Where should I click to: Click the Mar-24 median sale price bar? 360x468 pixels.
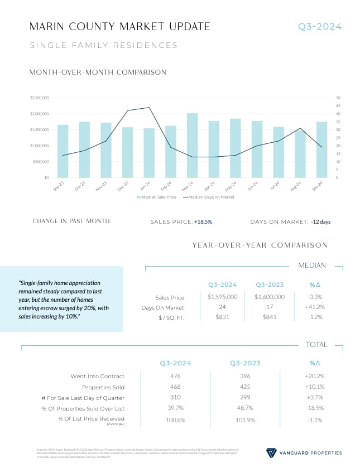point(192,146)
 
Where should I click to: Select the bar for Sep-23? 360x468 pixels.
point(63,151)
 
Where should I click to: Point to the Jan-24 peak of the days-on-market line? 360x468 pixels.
point(149,108)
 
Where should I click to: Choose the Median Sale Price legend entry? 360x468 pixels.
point(157,197)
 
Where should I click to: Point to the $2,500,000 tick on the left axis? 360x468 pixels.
point(40,98)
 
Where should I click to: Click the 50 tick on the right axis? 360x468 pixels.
point(338,98)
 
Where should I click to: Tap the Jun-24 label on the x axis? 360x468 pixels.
point(255,186)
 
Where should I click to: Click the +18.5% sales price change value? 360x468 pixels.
point(203,221)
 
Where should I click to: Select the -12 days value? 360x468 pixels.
point(320,221)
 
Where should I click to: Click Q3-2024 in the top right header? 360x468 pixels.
point(319,27)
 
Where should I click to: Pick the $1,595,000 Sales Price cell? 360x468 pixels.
point(222,297)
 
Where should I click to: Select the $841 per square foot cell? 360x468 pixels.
point(270,317)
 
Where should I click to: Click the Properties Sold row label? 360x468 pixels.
point(103,387)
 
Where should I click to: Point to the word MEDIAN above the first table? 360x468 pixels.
point(313,266)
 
